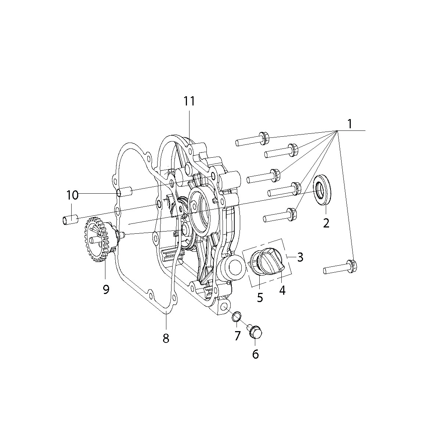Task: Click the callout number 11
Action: (x=189, y=101)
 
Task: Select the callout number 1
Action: (x=349, y=124)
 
